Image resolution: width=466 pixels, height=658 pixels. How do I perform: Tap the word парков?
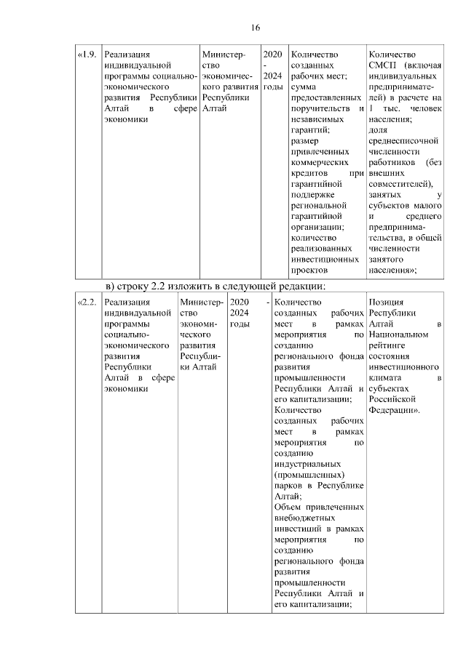click(x=288, y=486)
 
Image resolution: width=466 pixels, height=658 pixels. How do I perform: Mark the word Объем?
click(x=288, y=507)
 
